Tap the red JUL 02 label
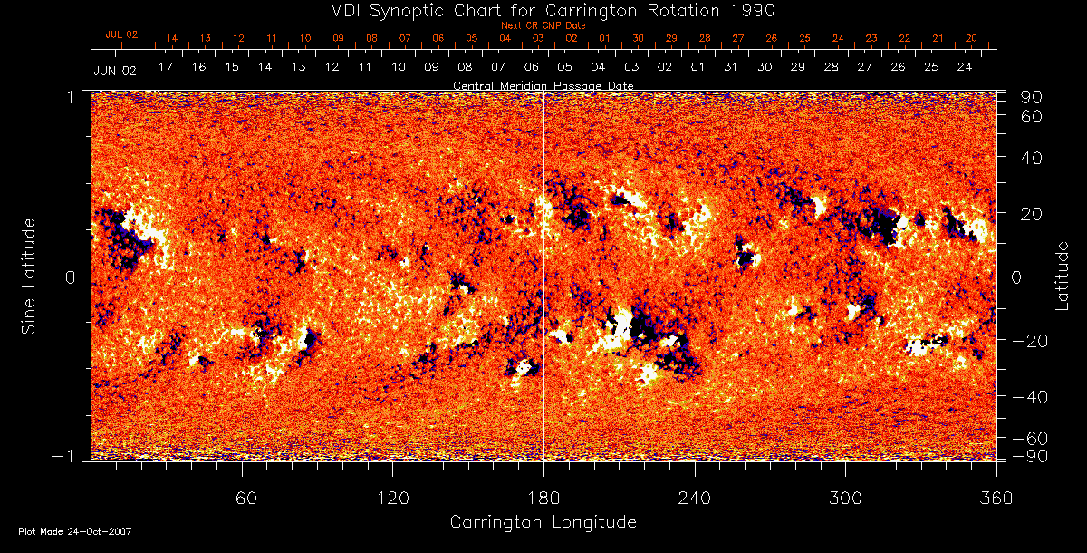(121, 34)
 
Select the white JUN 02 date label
(115, 70)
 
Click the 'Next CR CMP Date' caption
(543, 25)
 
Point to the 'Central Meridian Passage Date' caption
(543, 85)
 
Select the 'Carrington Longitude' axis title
(543, 522)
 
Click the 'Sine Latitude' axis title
(29, 276)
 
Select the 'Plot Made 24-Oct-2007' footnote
(74, 531)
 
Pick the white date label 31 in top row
(731, 67)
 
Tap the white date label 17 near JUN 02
(165, 67)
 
